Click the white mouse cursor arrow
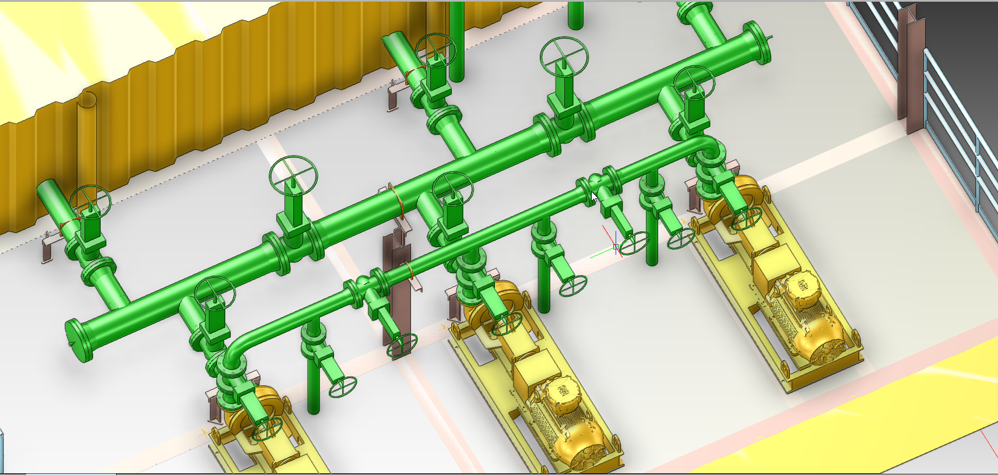(x=593, y=197)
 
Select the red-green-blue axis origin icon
(x=616, y=247)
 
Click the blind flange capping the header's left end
(x=78, y=341)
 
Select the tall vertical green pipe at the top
(x=458, y=41)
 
